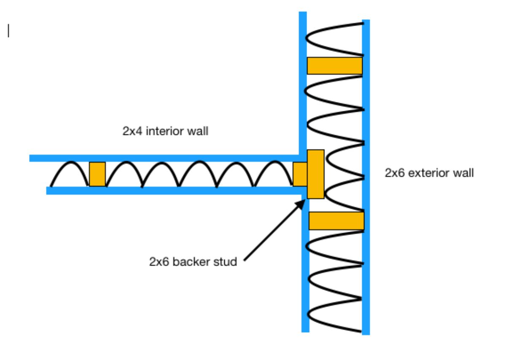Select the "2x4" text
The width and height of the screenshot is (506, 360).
132,132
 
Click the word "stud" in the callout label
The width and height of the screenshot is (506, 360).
226,262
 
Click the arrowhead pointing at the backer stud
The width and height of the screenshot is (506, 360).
300,204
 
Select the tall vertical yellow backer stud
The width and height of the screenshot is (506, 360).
315,174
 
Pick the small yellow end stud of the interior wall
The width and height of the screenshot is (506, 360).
300,174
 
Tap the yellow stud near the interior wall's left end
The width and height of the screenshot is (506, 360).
97,174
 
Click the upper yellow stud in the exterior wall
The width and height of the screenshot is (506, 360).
334,65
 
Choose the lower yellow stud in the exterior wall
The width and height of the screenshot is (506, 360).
336,221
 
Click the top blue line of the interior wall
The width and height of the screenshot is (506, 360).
164,158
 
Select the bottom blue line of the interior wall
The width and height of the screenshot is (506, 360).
173,191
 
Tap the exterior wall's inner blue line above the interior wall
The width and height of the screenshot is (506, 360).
302,84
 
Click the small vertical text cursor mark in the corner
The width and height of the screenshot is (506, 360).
8,31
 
